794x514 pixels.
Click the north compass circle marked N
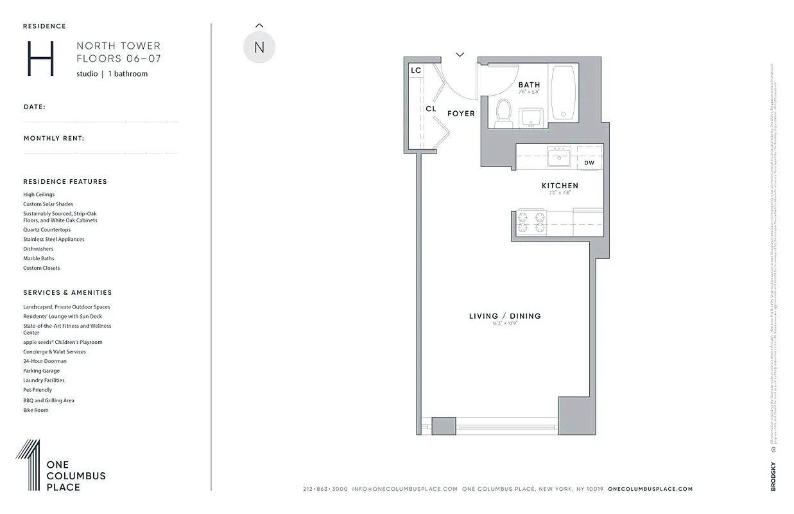coord(259,48)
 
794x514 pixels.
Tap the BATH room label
coord(530,85)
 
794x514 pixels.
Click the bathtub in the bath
coord(564,92)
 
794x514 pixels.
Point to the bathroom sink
coord(531,118)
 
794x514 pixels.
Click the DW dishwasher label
coord(589,163)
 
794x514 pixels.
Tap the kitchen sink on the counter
coord(558,156)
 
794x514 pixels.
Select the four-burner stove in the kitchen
coord(531,222)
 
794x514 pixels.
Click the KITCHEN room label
coord(560,186)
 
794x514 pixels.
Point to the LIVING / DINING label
coord(505,316)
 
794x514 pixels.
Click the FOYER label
coord(461,114)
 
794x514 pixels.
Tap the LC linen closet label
coord(416,71)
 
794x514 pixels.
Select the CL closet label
coord(431,109)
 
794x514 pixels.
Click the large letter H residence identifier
coord(40,59)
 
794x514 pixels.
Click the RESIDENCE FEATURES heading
coord(65,182)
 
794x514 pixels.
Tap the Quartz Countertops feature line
coord(47,230)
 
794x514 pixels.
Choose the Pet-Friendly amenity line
coord(38,390)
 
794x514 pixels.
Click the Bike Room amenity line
coord(36,410)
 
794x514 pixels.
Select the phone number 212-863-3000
coord(325,489)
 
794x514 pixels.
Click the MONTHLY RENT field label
coord(54,138)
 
